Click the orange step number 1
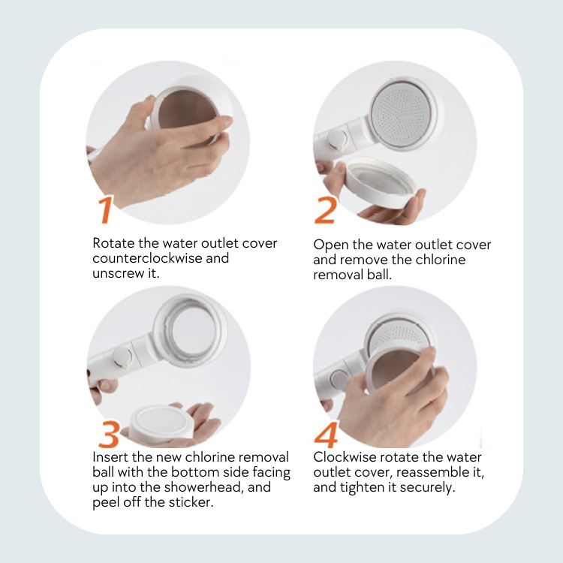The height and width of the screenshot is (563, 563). pyautogui.click(x=105, y=209)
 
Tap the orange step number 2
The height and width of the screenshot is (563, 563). pyautogui.click(x=326, y=210)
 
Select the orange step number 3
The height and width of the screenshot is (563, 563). pyautogui.click(x=108, y=434)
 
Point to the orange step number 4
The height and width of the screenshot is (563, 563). pyautogui.click(x=327, y=434)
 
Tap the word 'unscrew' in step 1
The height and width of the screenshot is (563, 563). pyautogui.click(x=118, y=273)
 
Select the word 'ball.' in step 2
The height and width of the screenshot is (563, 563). pyautogui.click(x=379, y=275)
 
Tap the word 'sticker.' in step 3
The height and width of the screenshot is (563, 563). pyautogui.click(x=191, y=502)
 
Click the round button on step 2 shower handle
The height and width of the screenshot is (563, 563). pyautogui.click(x=337, y=140)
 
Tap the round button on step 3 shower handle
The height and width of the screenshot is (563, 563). pyautogui.click(x=122, y=357)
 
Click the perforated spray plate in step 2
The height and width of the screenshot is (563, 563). pyautogui.click(x=401, y=113)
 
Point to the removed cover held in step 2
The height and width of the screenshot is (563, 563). pyautogui.click(x=381, y=182)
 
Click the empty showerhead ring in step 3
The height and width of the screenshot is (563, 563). pyautogui.click(x=191, y=331)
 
